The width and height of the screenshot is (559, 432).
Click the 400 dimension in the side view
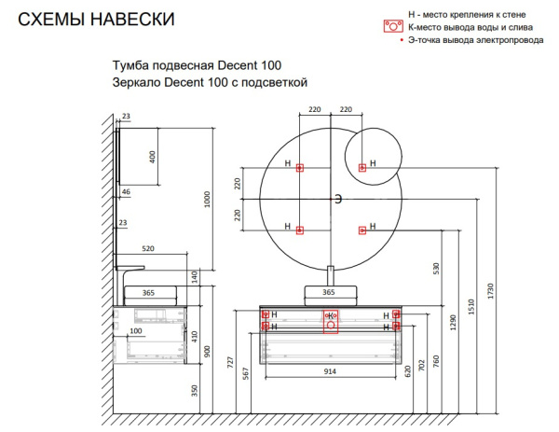pyautogui.click(x=153, y=156)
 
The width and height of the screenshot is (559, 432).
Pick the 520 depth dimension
pyautogui.click(x=147, y=249)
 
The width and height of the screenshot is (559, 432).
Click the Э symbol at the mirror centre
pyautogui.click(x=339, y=199)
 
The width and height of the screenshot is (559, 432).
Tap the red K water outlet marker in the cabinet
pyautogui.click(x=331, y=316)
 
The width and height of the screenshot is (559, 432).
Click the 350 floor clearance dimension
pyautogui.click(x=195, y=391)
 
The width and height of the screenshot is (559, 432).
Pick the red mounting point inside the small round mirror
pyautogui.click(x=362, y=168)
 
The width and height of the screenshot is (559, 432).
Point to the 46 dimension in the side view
pyautogui.click(x=126, y=191)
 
